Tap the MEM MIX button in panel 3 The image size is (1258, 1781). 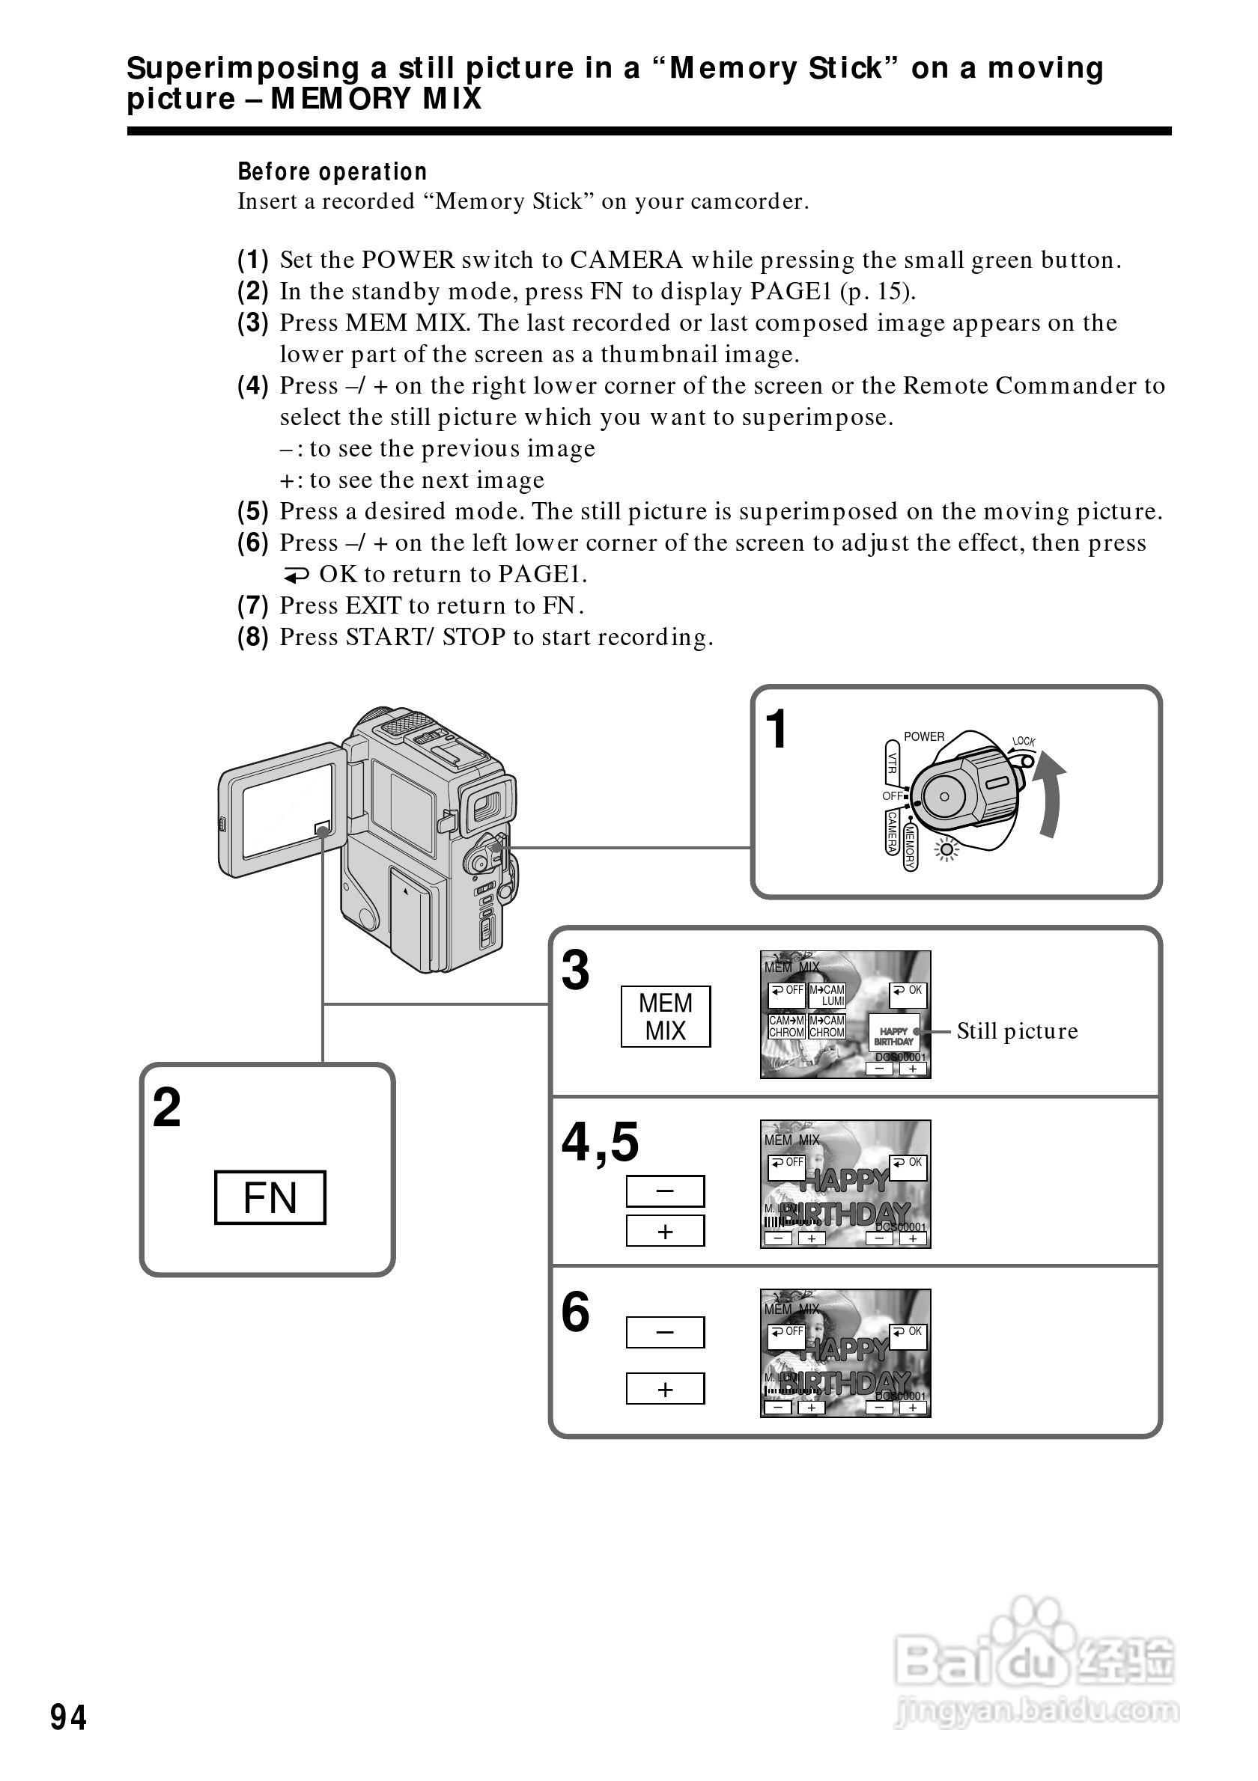665,1016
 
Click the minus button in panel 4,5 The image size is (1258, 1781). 665,1191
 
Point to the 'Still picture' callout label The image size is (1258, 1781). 1017,1031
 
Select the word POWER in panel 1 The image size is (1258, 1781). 923,736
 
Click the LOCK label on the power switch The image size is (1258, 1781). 1024,742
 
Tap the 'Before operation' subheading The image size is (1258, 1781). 332,171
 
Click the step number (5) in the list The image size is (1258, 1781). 253,511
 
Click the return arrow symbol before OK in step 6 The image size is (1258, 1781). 296,575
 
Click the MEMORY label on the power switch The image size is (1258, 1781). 911,848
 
